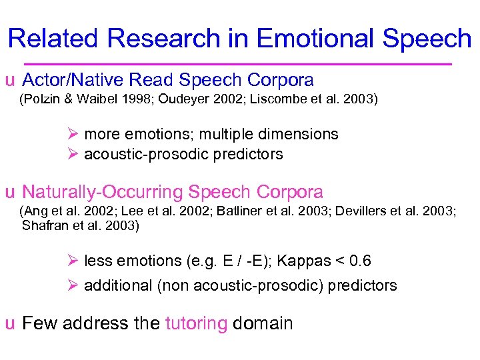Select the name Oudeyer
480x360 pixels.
tap(167, 100)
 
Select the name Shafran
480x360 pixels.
tap(43, 226)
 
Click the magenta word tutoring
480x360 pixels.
tap(196, 324)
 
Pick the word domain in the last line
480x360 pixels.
tap(263, 324)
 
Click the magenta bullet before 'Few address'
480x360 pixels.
tap(9, 325)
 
